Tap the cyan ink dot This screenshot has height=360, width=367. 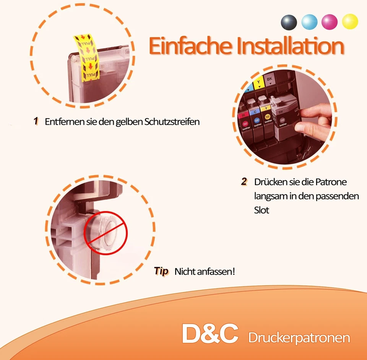[x=309, y=22]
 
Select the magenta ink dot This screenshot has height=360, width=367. [x=330, y=22]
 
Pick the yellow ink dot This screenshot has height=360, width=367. [x=350, y=22]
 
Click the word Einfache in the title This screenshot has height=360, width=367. [x=189, y=46]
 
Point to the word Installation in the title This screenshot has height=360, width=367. [x=290, y=46]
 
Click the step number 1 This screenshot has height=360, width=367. [x=36, y=121]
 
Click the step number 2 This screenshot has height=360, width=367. [x=244, y=181]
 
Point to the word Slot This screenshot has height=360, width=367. [x=261, y=210]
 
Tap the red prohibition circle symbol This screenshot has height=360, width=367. [x=106, y=233]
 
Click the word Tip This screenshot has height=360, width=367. [x=161, y=271]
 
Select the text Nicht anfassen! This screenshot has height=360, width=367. [x=205, y=272]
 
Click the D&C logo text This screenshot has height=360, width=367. [x=210, y=333]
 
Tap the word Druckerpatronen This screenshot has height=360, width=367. [x=299, y=338]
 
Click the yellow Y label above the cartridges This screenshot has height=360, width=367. [x=260, y=81]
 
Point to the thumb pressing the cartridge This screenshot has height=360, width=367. [x=309, y=114]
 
